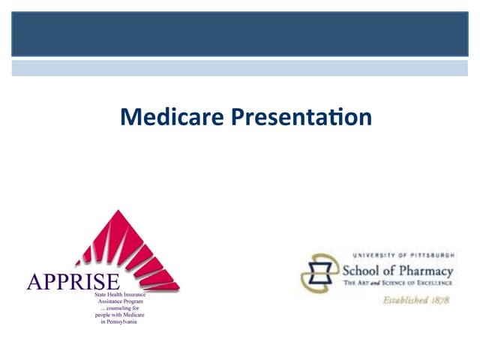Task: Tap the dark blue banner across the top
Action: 240,34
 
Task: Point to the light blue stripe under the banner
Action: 240,68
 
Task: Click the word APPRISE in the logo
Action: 73,283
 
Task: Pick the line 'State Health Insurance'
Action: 120,295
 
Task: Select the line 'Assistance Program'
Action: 120,303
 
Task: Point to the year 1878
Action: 439,300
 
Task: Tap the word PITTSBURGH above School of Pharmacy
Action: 427,256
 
